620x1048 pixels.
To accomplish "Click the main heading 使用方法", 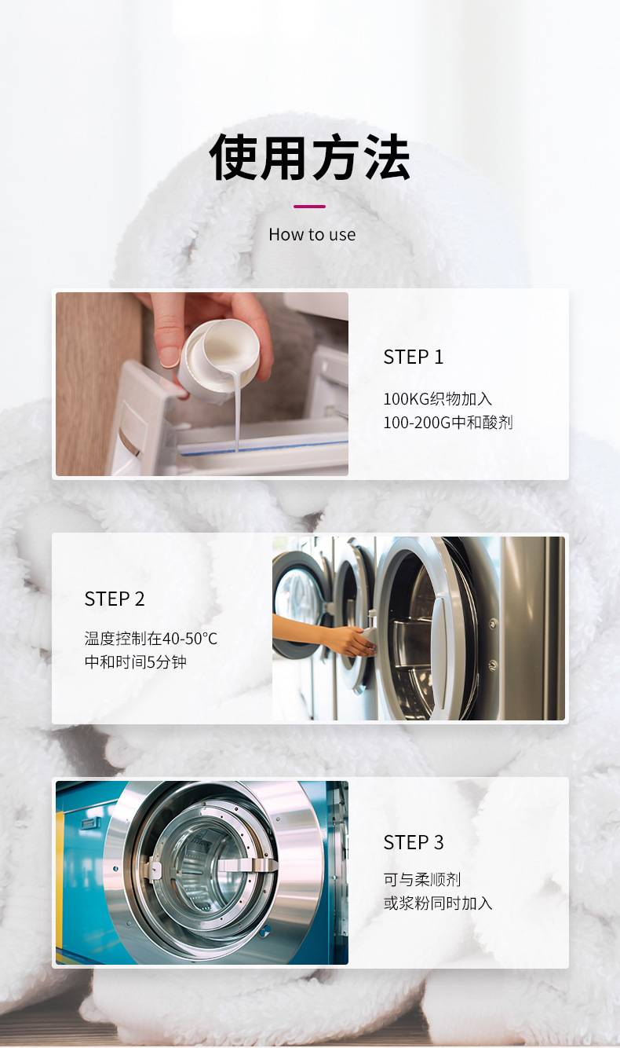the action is point(310,157).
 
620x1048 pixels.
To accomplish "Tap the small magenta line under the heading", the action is point(309,207).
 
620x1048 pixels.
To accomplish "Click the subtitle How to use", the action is point(312,234).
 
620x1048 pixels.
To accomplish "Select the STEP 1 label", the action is point(413,357).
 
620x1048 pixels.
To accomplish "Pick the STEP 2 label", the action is point(115,599).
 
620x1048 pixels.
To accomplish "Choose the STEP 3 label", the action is point(413,843).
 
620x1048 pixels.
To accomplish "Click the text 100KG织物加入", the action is point(437,399).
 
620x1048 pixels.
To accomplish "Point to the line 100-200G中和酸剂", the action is point(448,423).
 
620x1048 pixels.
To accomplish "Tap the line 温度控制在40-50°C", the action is point(151,639).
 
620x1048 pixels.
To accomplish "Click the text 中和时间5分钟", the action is point(136,662).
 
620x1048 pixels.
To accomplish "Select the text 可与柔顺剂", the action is point(422,880).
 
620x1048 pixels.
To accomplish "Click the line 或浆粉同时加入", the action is point(438,903).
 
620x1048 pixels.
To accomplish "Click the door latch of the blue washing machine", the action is point(256,866).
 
